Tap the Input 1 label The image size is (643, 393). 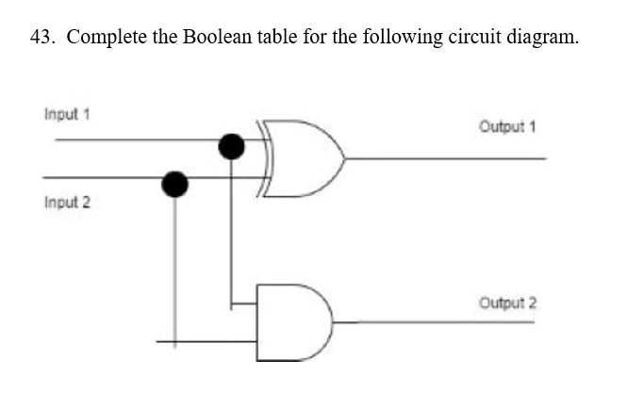(x=67, y=114)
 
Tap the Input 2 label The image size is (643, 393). (x=67, y=202)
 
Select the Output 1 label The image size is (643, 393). (x=507, y=126)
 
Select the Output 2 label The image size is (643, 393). (x=507, y=303)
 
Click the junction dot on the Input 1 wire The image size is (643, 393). (x=231, y=146)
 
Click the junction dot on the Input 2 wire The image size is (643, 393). (x=174, y=184)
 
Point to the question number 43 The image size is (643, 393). (x=42, y=37)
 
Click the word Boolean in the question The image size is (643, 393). (x=217, y=37)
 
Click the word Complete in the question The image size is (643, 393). (x=107, y=38)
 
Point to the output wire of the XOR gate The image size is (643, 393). (x=446, y=158)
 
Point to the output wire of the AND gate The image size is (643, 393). (x=434, y=322)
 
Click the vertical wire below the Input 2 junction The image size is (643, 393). (x=175, y=272)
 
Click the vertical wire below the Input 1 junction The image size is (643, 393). (x=231, y=235)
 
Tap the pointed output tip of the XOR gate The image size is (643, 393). (x=345, y=158)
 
